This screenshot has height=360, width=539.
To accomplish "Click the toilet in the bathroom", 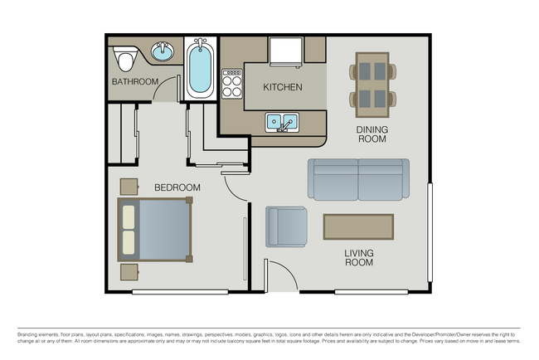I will tap(126, 59).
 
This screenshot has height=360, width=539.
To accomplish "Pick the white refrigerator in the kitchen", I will tap(287, 51).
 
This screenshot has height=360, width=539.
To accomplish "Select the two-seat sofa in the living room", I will tap(358, 179).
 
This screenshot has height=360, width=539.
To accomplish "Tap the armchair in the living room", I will tap(285, 226).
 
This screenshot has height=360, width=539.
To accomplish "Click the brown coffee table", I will tap(358, 226).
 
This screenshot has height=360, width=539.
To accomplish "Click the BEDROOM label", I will tap(177, 187).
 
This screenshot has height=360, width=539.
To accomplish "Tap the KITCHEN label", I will tap(282, 87).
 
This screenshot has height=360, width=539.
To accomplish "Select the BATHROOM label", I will tap(134, 81).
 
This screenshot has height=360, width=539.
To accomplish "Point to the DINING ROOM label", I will tap(371, 135).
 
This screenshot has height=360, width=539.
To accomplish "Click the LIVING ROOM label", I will tap(359, 257).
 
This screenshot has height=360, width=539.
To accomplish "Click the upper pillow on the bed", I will tap(129, 216).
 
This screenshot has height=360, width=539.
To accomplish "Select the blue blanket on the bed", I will tap(164, 230).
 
